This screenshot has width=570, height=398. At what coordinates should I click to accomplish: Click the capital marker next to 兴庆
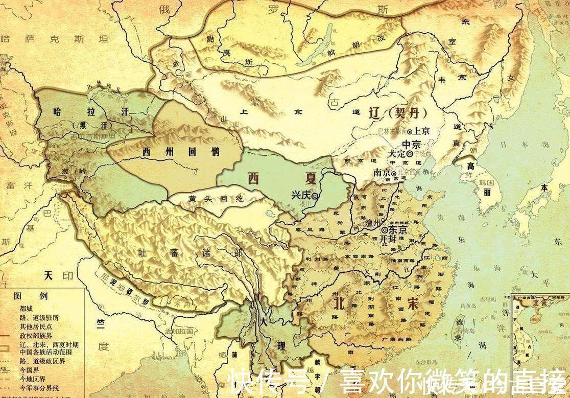316,196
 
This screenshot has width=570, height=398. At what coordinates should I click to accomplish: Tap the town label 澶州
374,223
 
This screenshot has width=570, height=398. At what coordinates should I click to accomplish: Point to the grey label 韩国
485,182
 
